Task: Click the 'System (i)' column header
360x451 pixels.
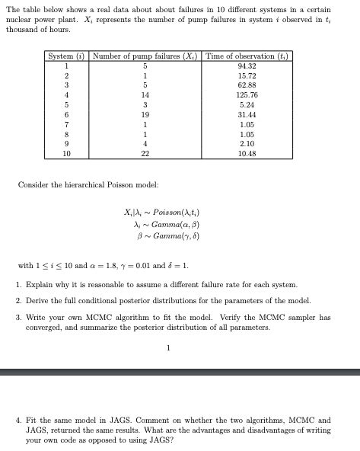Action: (x=67, y=57)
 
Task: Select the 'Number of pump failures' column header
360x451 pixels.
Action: (x=145, y=57)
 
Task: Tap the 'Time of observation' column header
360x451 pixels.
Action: (x=247, y=57)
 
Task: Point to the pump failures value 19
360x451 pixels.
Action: (x=145, y=114)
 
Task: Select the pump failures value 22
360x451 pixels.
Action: (x=145, y=153)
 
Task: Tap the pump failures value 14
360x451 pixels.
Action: (x=145, y=95)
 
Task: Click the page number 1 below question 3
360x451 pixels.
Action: (x=168, y=349)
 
